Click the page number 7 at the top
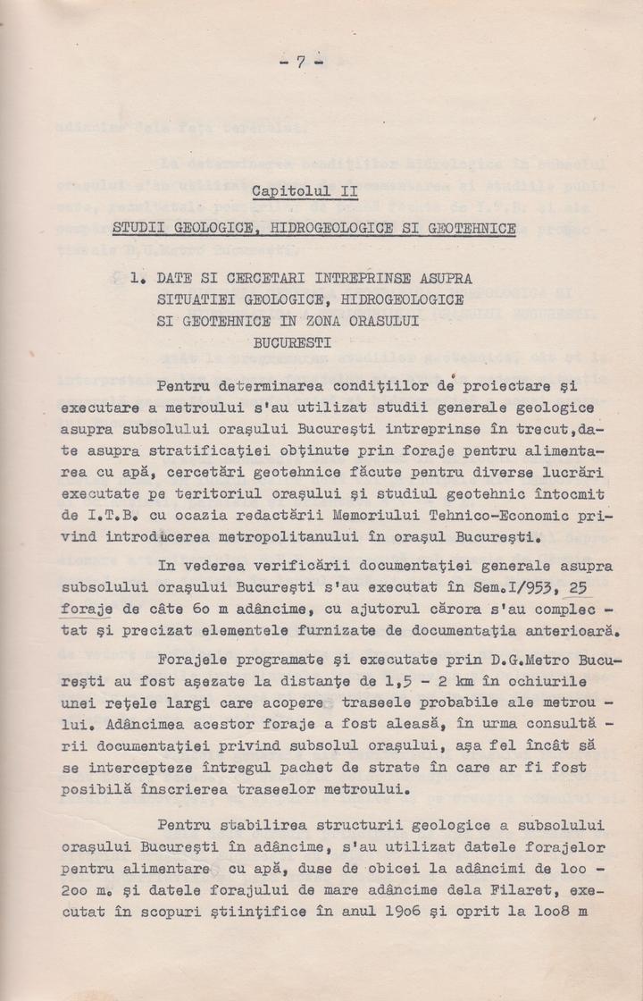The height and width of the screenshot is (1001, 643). point(301,62)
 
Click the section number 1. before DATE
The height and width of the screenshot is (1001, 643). point(137,279)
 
